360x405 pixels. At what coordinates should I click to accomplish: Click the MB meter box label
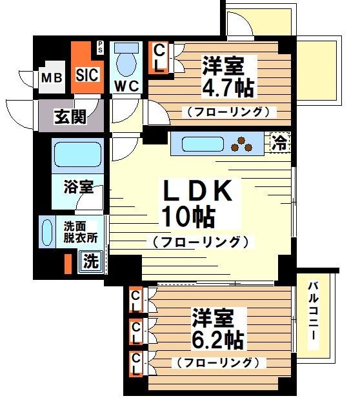pyautogui.click(x=52, y=78)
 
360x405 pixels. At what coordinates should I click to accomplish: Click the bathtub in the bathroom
pyautogui.click(x=74, y=155)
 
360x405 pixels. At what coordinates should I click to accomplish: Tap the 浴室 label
pyautogui.click(x=78, y=188)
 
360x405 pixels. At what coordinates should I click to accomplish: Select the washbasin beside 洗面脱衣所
pyautogui.click(x=47, y=231)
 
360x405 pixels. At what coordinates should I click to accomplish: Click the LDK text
pyautogui.click(x=195, y=192)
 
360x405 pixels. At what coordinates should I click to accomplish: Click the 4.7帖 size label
pyautogui.click(x=228, y=86)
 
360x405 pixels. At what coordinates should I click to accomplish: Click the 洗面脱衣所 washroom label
pyautogui.click(x=81, y=232)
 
